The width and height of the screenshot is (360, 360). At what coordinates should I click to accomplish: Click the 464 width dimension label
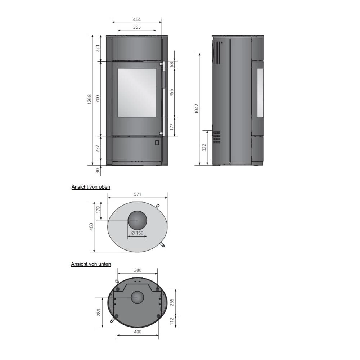137,19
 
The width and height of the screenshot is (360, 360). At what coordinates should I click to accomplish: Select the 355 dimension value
137,27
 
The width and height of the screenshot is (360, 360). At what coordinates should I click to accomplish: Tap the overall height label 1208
89,99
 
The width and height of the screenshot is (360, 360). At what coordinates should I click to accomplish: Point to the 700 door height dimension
98,99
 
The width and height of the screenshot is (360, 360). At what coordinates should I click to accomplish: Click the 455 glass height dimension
171,93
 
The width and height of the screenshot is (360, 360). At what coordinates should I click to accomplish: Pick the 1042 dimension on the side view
196,109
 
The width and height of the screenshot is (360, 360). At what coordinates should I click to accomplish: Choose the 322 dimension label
204,147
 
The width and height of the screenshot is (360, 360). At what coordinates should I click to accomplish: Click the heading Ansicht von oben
91,187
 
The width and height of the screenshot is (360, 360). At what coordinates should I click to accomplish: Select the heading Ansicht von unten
91,264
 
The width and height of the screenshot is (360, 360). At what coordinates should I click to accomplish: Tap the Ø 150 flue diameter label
137,233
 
